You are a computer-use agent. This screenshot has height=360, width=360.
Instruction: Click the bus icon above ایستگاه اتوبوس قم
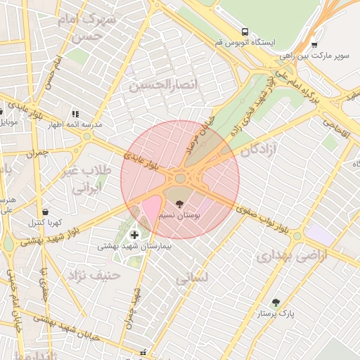pos(245,32)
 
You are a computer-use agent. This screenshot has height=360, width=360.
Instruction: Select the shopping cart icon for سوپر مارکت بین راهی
pos(314,46)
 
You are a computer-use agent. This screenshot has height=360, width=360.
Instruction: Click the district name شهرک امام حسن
pos(89,26)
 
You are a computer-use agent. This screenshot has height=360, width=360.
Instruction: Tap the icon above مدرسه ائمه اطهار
pos(75,113)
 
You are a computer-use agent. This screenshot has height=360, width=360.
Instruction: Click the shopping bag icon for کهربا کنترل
pos(46,212)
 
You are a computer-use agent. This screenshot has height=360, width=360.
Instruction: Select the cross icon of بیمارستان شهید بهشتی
pos(135,234)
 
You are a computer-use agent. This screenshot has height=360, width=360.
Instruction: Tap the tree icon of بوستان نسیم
pos(180,204)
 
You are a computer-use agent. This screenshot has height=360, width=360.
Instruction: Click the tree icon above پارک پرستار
pos(276,302)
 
